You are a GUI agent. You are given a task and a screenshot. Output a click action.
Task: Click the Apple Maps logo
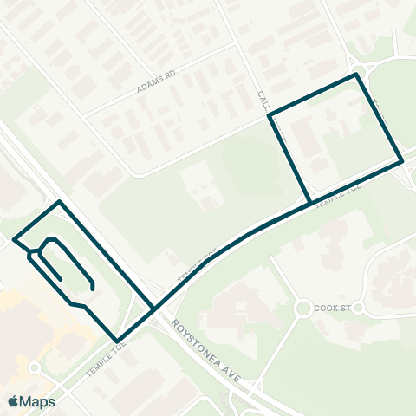(x=32, y=401)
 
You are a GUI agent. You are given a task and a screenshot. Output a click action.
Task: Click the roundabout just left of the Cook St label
(x=302, y=308)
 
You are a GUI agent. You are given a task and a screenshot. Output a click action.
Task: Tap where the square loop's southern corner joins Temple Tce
(x=310, y=204)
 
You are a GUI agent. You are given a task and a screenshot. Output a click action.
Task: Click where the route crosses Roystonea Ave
(x=154, y=308)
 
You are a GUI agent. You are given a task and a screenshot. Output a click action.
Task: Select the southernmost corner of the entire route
(x=117, y=341)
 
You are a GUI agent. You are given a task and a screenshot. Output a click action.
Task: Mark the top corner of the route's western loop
(x=59, y=202)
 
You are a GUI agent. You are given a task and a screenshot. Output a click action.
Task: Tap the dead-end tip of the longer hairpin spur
(x=92, y=287)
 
